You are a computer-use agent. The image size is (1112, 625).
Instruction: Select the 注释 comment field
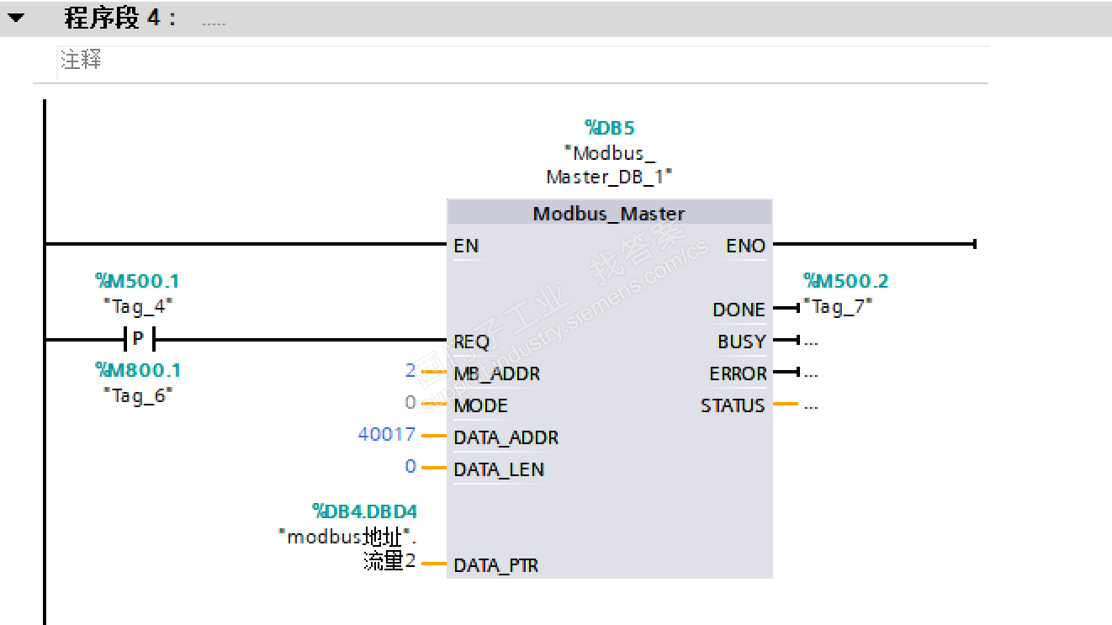82,61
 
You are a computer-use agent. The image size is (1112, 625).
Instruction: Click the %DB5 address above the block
610,128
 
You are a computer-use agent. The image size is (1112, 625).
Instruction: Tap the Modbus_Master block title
609,214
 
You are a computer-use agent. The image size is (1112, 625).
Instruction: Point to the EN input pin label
466,246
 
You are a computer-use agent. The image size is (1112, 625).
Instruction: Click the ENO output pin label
745,246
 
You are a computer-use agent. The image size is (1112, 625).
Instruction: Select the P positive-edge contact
139,340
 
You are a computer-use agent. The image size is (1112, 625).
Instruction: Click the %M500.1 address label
138,281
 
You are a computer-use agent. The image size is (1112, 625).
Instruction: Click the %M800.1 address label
138,370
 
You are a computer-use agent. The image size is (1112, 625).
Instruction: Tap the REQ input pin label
472,342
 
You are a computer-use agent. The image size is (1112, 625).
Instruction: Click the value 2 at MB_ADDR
410,370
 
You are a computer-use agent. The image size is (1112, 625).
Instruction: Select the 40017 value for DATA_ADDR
387,434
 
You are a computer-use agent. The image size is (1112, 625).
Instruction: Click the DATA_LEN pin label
499,469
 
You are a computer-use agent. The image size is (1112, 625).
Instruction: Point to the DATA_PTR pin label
496,565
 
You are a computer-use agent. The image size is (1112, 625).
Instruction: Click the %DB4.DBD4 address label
365,511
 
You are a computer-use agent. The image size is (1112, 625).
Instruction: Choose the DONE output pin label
739,310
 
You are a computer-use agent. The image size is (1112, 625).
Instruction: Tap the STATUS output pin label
733,405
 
